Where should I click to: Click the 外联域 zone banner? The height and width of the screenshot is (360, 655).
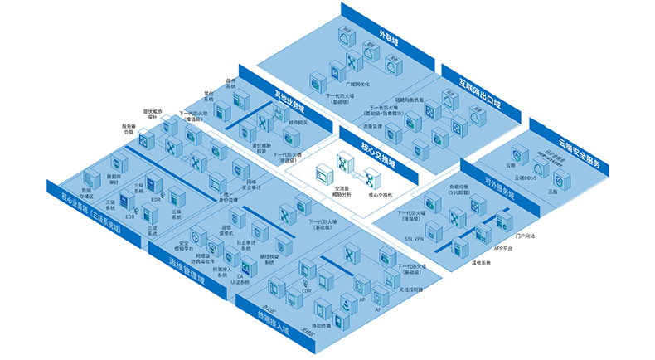point(389,38)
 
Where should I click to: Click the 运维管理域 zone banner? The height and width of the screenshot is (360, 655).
point(187,275)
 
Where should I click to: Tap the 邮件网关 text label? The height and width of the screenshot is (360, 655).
point(298,122)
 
